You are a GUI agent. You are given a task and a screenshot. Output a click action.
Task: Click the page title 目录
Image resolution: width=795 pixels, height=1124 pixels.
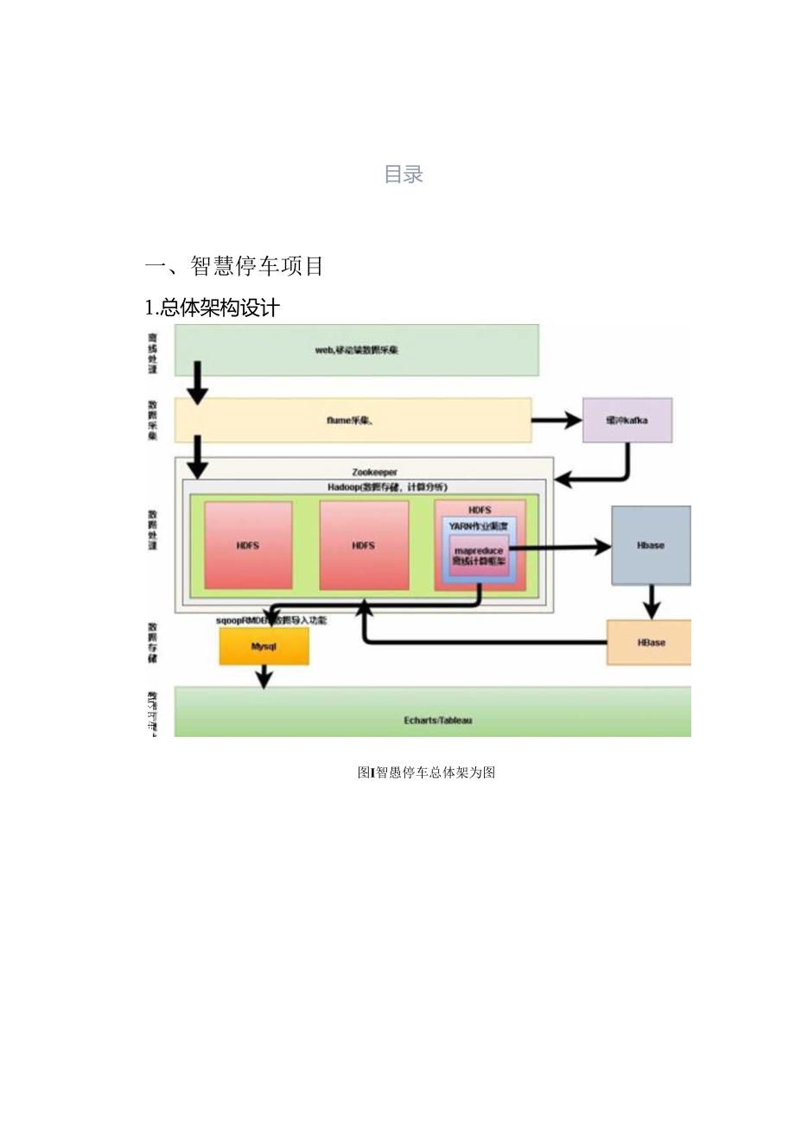[403, 175]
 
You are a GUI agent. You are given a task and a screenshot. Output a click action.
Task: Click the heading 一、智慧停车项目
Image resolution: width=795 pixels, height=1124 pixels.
[234, 266]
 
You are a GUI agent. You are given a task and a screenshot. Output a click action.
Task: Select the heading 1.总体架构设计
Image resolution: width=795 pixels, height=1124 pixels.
[212, 308]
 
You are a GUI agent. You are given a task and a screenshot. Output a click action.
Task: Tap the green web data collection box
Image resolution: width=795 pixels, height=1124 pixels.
[356, 350]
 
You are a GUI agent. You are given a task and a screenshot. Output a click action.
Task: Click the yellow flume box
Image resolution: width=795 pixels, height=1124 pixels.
[353, 421]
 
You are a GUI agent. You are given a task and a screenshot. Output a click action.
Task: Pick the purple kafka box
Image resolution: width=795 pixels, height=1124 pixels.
[626, 420]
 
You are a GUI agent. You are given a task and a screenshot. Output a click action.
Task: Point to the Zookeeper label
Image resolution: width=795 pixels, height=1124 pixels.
[375, 472]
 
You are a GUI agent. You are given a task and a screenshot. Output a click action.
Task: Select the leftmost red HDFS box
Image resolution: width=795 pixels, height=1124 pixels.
[248, 545]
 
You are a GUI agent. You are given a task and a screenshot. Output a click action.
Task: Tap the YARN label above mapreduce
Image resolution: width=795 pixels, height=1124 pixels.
[478, 525]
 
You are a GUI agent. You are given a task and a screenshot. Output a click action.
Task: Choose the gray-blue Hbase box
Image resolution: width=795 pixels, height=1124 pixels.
[651, 545]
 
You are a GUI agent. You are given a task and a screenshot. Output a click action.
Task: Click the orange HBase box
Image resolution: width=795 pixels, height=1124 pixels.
[651, 643]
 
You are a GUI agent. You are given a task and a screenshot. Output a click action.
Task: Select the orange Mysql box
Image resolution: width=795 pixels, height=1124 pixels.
[264, 646]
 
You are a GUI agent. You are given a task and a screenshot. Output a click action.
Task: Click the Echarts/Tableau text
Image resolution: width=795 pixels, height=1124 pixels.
[437, 720]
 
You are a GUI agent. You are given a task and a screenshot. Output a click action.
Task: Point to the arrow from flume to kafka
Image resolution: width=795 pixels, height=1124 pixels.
[556, 421]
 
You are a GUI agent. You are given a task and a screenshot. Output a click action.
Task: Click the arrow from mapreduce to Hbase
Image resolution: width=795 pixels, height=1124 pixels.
[557, 547]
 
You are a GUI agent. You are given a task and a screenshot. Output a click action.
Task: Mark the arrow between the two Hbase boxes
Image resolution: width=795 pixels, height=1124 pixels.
[651, 601]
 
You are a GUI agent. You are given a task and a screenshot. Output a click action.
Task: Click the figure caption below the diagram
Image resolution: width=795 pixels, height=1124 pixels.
[426, 772]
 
